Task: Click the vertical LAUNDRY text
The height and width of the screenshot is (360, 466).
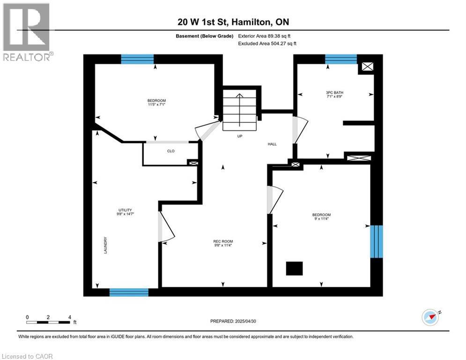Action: click(x=105, y=245)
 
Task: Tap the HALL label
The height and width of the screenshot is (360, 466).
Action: click(x=272, y=144)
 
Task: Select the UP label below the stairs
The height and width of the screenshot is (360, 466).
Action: click(x=239, y=136)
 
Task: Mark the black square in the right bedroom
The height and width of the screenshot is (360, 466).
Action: click(x=295, y=269)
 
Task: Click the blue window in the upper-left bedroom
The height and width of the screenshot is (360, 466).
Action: click(x=137, y=59)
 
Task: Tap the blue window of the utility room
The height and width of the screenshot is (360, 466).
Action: click(x=129, y=292)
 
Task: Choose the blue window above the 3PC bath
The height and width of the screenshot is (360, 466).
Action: click(x=340, y=59)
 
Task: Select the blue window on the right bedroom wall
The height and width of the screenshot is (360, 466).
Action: click(x=376, y=241)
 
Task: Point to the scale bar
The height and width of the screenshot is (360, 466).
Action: click(x=48, y=322)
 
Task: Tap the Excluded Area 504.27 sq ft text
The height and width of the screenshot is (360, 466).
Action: click(x=267, y=43)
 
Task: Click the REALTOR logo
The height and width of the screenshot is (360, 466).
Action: click(x=27, y=31)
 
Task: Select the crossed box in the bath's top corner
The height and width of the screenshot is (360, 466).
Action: click(x=368, y=67)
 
